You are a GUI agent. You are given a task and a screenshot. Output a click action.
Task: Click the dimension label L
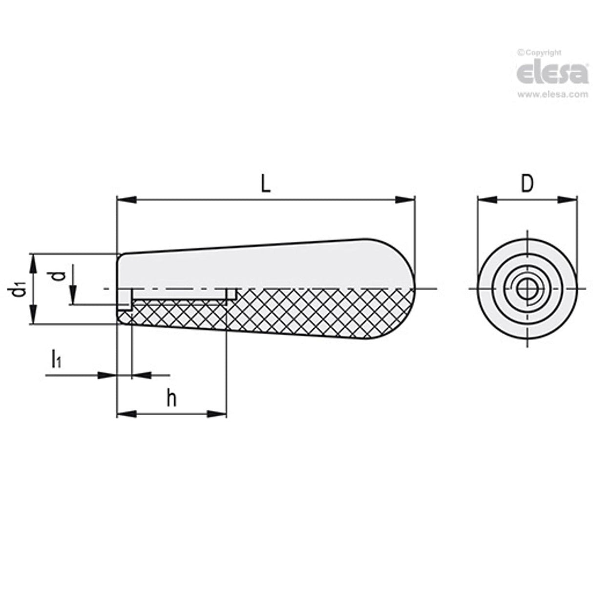click(265, 184)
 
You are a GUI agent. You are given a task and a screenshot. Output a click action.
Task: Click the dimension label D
click(527, 184)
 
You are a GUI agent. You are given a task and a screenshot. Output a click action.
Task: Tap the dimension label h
click(171, 399)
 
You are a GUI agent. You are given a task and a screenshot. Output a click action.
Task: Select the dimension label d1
click(19, 291)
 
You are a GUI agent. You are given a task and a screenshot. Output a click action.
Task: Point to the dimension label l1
click(56, 360)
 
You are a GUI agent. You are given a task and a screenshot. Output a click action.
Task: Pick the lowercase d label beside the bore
click(58, 276)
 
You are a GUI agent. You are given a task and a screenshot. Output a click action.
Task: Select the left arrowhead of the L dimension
click(126, 199)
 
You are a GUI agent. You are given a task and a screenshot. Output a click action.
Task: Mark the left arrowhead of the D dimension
click(487, 199)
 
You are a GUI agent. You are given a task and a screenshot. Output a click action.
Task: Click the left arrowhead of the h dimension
click(126, 414)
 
